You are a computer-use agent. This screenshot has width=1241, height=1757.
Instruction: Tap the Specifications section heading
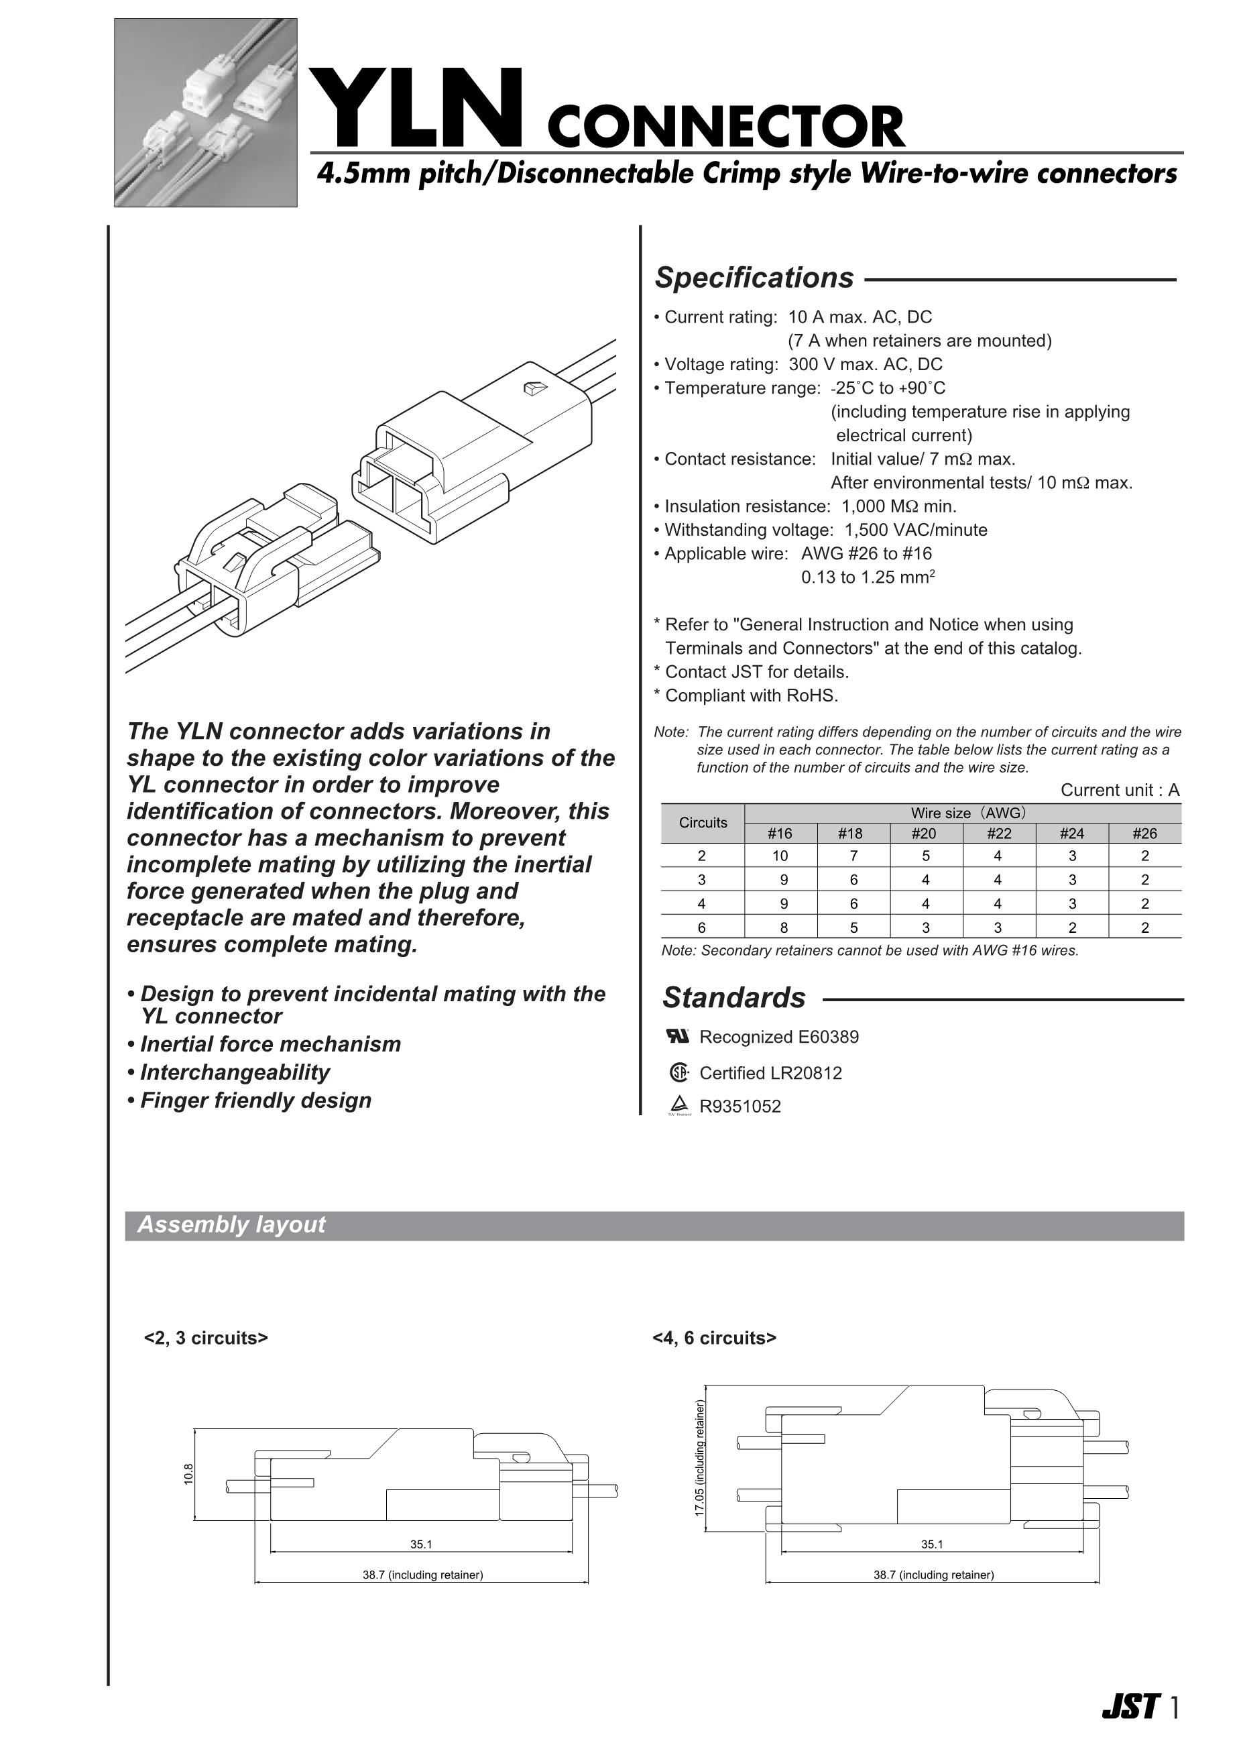click(754, 278)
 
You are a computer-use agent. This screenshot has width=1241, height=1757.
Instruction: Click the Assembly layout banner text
click(231, 1225)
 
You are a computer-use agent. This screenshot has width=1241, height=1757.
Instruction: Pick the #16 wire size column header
click(780, 834)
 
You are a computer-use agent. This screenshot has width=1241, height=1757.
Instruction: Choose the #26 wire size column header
click(1144, 834)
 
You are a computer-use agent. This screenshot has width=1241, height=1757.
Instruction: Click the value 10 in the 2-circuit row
click(780, 856)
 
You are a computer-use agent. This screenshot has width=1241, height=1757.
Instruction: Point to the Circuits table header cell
click(703, 823)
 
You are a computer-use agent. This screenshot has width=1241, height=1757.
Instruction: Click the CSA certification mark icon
click(678, 1073)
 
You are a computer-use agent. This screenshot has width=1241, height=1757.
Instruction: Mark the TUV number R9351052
click(740, 1107)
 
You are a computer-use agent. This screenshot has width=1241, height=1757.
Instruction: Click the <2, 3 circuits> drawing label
click(206, 1338)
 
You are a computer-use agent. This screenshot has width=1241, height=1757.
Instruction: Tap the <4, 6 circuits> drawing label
click(714, 1338)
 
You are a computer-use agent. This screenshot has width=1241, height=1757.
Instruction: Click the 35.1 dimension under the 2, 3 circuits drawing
click(421, 1544)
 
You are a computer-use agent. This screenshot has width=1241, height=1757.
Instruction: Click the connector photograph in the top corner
click(206, 113)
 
